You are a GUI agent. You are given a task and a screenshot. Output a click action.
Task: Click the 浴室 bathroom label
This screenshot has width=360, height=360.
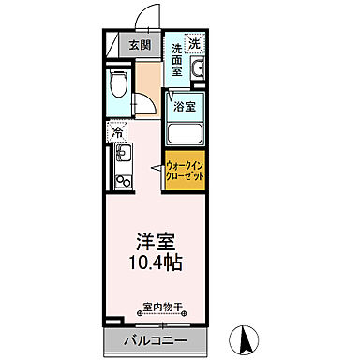(x=185, y=107)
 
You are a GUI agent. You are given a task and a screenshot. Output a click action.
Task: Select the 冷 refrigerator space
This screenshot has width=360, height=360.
(x=117, y=131)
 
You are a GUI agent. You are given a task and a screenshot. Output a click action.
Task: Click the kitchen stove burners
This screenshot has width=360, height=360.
(x=120, y=176)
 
